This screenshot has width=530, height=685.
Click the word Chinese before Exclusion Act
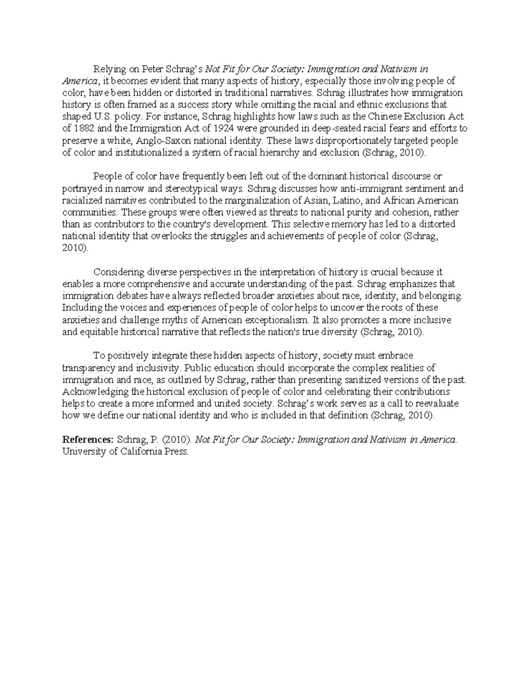click(x=387, y=117)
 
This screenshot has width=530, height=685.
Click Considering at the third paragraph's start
click(x=119, y=272)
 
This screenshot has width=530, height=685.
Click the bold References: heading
click(x=88, y=440)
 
